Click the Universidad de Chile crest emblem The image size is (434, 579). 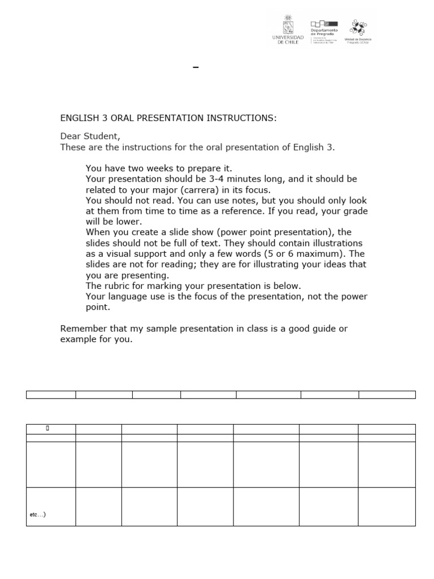[288, 26]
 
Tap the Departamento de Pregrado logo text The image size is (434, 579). [323, 33]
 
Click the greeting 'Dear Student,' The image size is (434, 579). [90, 137]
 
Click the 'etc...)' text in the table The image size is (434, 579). [37, 515]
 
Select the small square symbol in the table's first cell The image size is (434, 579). [47, 429]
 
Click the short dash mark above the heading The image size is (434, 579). [196, 67]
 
